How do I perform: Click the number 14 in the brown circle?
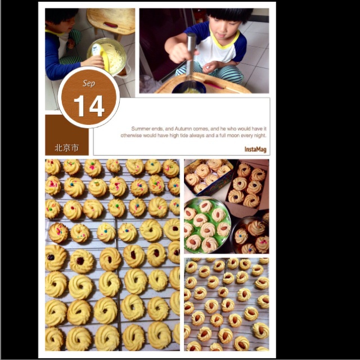click(x=89, y=106)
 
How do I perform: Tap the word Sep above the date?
click(x=89, y=83)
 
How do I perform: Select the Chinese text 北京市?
click(x=66, y=147)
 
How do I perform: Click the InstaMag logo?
click(x=255, y=150)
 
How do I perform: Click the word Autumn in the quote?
click(x=183, y=129)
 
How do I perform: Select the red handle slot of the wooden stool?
click(x=111, y=24)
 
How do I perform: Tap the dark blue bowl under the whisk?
click(x=189, y=87)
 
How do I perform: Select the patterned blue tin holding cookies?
click(x=208, y=177)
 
